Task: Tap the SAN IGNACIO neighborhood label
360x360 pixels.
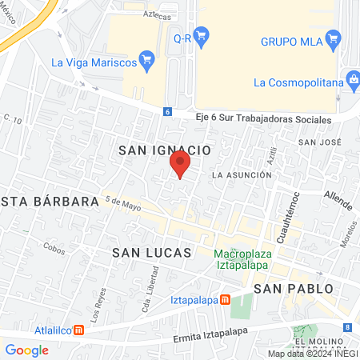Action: [x=164, y=150]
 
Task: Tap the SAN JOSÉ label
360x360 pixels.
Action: [x=314, y=142]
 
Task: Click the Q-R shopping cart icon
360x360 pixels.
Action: [x=202, y=35]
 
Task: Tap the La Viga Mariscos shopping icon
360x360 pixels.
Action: [x=146, y=59]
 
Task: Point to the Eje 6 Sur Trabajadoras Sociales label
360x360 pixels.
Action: [x=262, y=119]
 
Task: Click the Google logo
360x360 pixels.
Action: [x=26, y=350]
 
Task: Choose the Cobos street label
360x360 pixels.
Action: [x=55, y=249]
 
